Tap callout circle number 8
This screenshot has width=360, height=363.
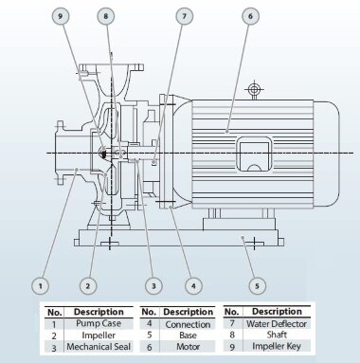click(x=105, y=16)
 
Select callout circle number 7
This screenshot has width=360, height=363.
click(x=185, y=16)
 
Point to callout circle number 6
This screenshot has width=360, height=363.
click(x=250, y=16)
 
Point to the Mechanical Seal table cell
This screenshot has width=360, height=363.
click(x=95, y=348)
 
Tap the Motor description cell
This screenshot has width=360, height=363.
click(x=188, y=348)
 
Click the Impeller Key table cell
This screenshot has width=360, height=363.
click(x=280, y=348)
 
